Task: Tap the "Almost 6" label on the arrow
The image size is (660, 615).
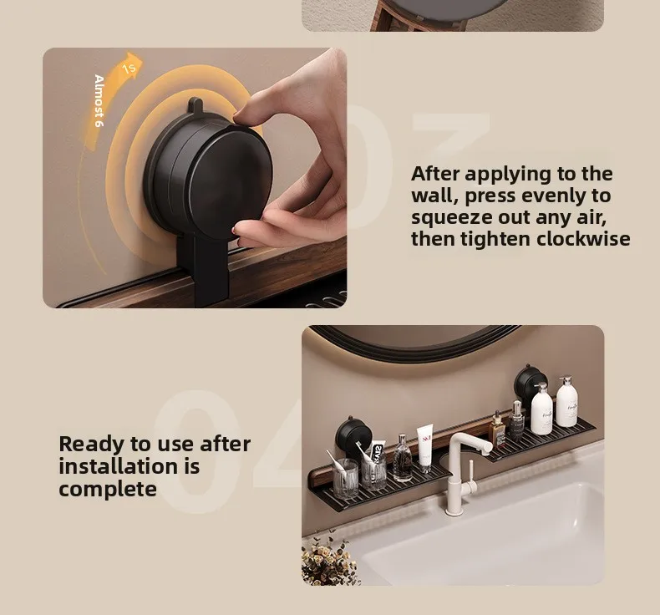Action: click(x=99, y=101)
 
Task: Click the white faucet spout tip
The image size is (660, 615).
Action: click(x=488, y=448)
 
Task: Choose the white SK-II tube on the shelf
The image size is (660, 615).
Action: click(x=425, y=449)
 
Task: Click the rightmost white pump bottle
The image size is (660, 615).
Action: click(x=568, y=404)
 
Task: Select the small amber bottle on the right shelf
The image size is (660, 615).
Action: click(x=498, y=429)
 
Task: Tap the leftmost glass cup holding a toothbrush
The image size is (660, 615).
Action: click(x=345, y=478)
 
